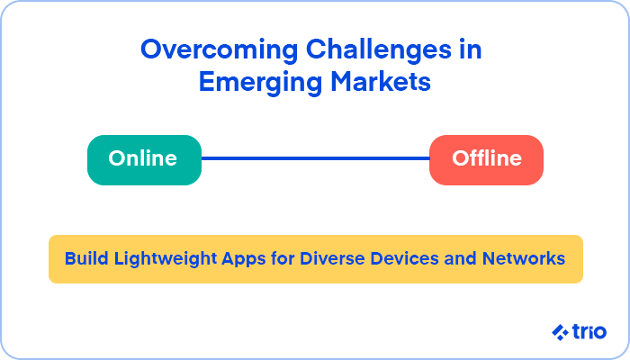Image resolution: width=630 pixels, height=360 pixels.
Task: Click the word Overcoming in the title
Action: (x=219, y=50)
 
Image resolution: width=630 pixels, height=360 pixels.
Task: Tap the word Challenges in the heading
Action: (x=379, y=50)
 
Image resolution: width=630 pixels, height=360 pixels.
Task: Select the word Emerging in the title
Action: (x=260, y=83)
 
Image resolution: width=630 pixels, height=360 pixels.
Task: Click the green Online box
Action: (x=144, y=160)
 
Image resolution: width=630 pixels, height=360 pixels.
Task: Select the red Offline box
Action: (x=486, y=160)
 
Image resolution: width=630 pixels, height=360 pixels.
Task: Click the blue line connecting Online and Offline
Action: (x=315, y=158)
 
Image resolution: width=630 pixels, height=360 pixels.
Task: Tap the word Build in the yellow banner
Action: (x=86, y=258)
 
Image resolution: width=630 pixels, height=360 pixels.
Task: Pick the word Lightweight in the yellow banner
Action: (x=166, y=259)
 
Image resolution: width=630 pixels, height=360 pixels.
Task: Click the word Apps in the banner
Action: (x=244, y=259)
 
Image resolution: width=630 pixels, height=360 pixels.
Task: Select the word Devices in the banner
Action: (x=404, y=258)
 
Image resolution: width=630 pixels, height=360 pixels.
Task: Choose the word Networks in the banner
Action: (x=524, y=258)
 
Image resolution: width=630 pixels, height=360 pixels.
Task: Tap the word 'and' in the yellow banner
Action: (x=460, y=258)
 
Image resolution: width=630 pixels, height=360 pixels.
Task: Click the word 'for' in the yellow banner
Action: (x=283, y=258)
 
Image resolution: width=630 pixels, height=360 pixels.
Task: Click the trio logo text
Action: (x=589, y=332)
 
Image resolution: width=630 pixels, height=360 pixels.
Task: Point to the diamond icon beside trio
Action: (x=560, y=333)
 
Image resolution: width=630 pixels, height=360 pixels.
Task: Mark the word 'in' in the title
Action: (x=471, y=50)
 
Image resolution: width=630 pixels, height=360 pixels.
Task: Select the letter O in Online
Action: (x=119, y=158)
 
